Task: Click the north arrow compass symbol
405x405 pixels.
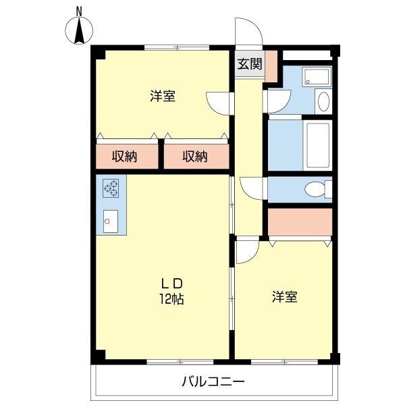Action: [x=80, y=32]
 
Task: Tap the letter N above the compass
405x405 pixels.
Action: [x=80, y=11]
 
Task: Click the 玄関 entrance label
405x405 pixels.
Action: [x=249, y=64]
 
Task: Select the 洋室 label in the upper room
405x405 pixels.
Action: [x=163, y=96]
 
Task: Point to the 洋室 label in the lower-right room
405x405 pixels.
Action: [x=285, y=296]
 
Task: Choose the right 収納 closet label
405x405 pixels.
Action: [x=195, y=157]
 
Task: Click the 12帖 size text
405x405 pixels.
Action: [x=171, y=298]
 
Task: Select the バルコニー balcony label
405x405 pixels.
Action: [x=213, y=382]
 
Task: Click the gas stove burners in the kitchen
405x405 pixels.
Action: [x=110, y=187]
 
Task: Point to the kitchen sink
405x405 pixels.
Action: [x=110, y=219]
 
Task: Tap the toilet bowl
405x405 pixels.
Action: [x=314, y=190]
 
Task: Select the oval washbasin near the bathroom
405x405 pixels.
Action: [x=323, y=101]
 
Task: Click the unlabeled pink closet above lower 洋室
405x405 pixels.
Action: [x=300, y=221]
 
